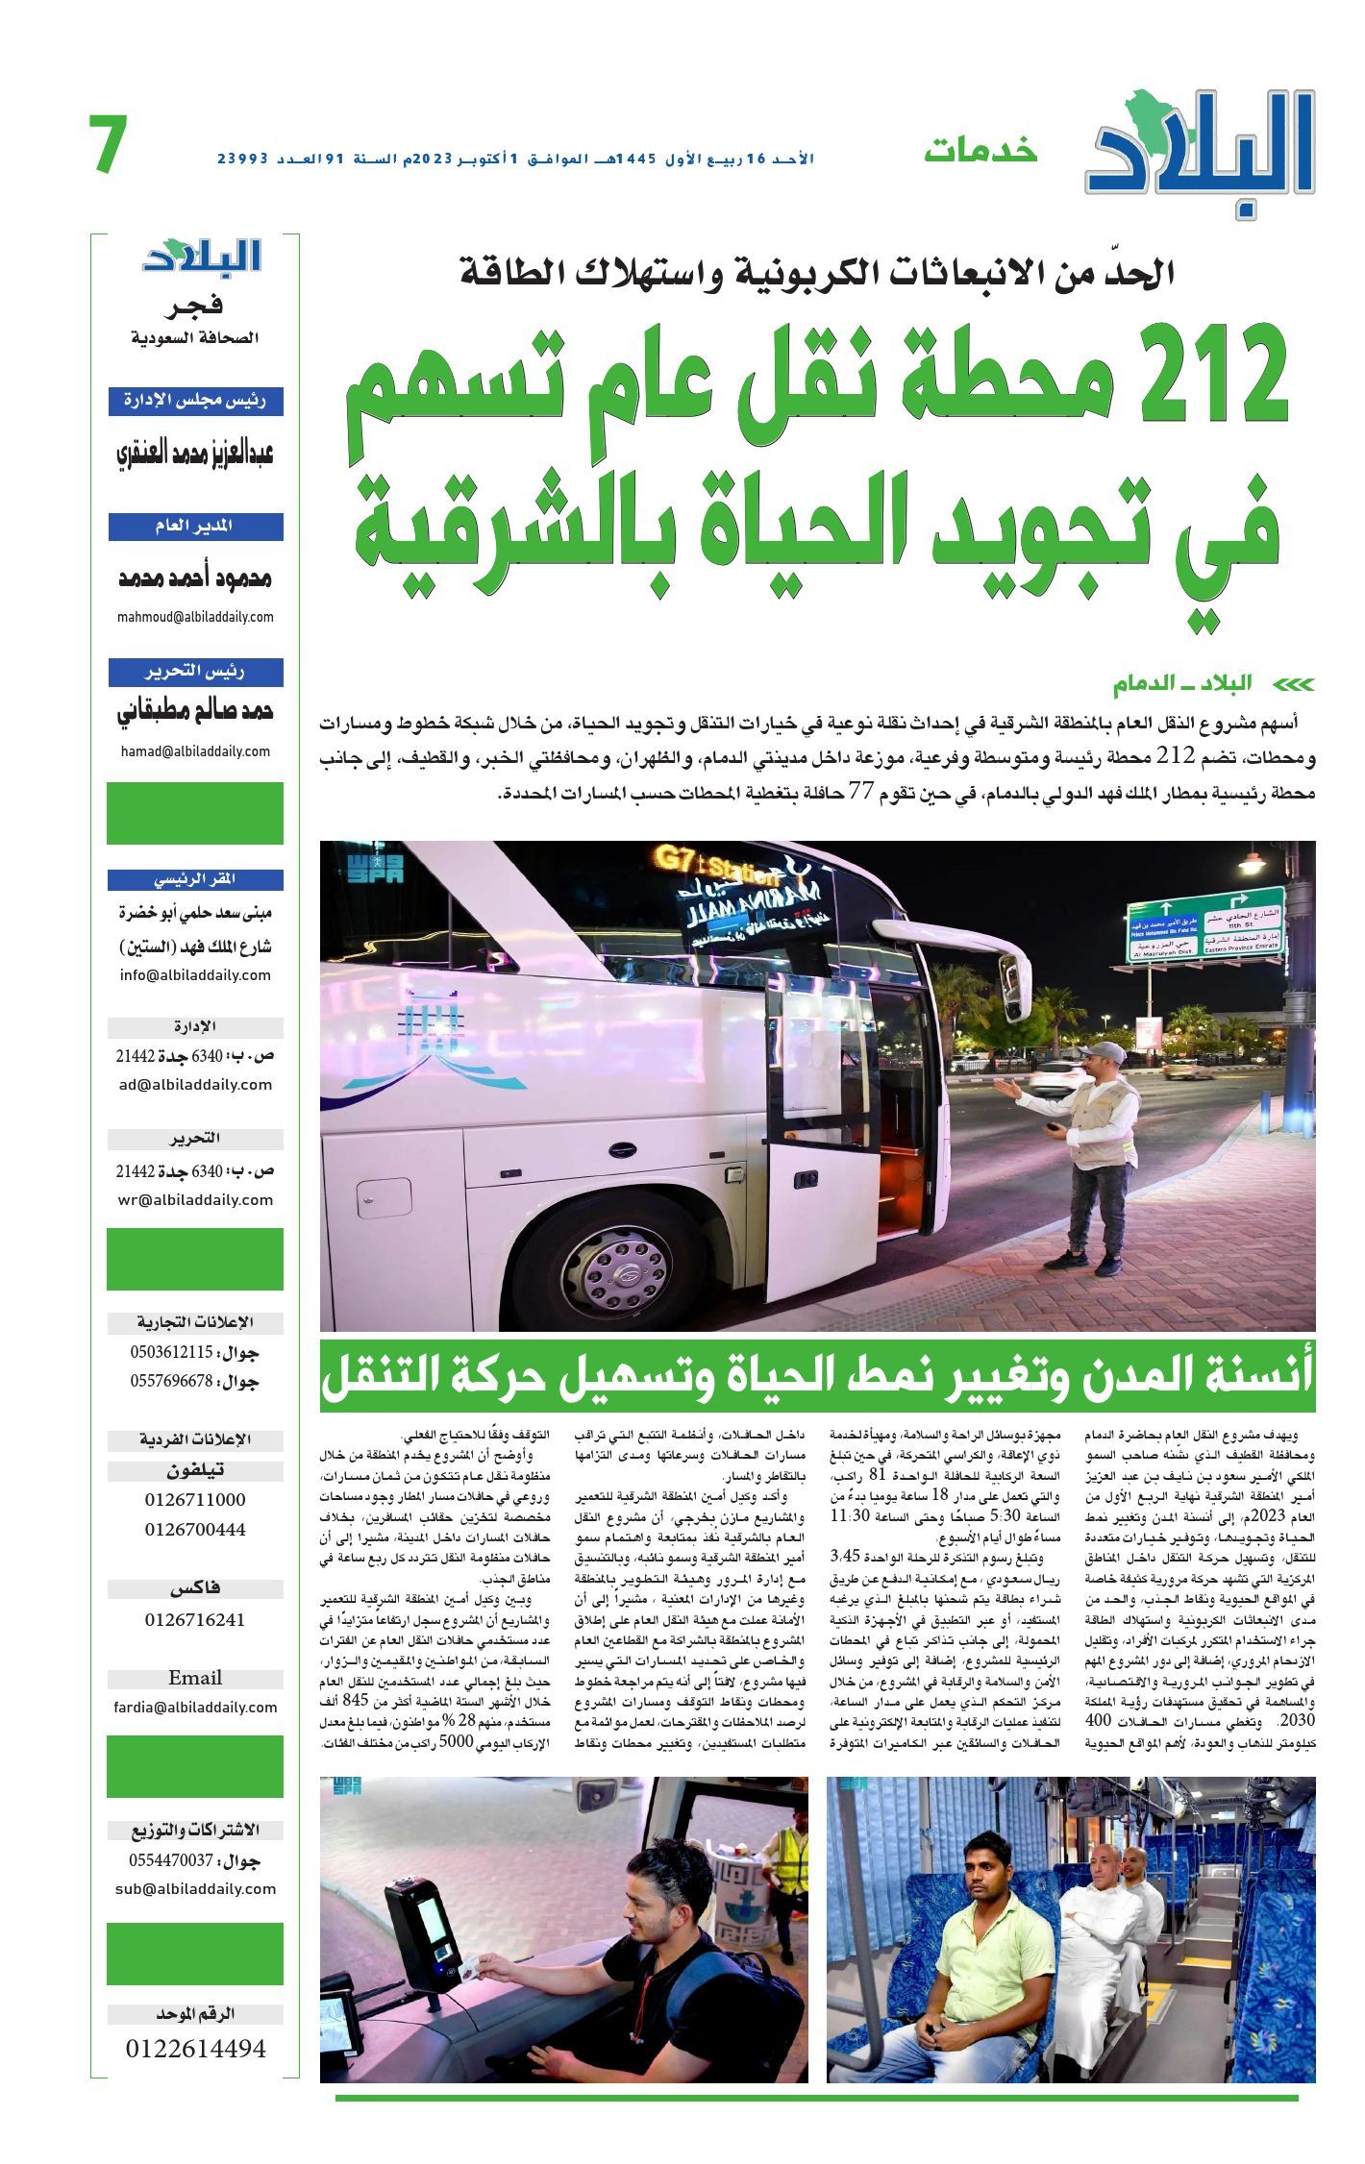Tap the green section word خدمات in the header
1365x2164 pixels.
click(980, 152)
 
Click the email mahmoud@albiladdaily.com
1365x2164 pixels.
click(195, 617)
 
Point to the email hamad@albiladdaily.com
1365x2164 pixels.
click(195, 751)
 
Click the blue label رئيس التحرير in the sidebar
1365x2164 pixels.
click(195, 672)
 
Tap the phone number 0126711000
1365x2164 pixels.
click(195, 1500)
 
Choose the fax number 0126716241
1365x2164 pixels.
click(195, 1619)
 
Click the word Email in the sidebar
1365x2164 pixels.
click(195, 1678)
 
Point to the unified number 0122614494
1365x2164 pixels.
click(195, 2049)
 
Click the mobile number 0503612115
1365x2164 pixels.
click(171, 1352)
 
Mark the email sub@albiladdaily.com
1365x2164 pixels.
click(195, 1888)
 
